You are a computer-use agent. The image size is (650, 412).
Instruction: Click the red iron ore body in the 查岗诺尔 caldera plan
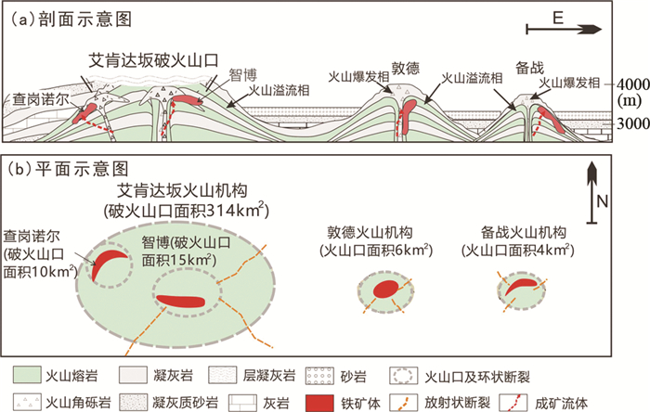111,261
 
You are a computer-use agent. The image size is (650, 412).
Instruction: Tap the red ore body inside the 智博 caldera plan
185,300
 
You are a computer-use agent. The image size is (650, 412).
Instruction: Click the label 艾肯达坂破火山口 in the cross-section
154,58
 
